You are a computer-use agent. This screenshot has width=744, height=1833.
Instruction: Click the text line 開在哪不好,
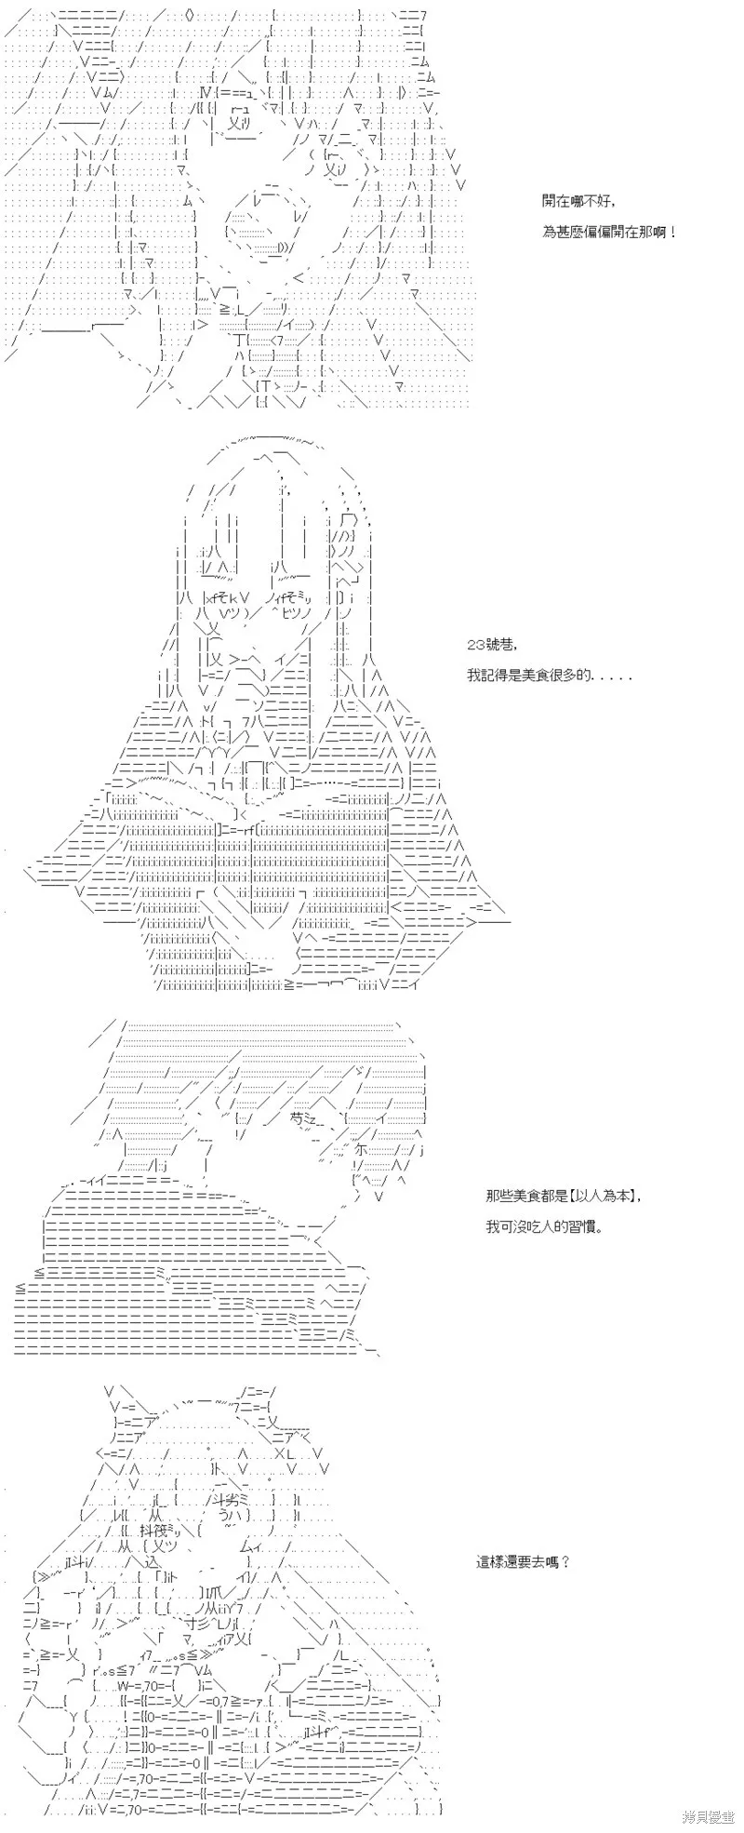pyautogui.click(x=578, y=201)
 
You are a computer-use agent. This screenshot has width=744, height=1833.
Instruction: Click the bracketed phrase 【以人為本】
pyautogui.click(x=604, y=1196)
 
